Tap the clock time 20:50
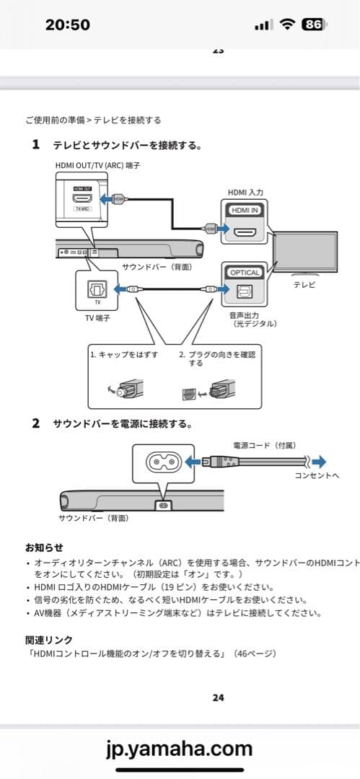click(67, 25)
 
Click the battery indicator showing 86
click(313, 25)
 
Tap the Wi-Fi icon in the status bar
click(287, 25)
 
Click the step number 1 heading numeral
click(35, 145)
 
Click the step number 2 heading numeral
click(35, 423)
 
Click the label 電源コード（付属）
click(264, 445)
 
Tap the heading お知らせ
click(44, 547)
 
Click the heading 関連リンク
click(48, 639)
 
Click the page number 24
click(219, 697)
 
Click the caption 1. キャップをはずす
click(124, 355)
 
